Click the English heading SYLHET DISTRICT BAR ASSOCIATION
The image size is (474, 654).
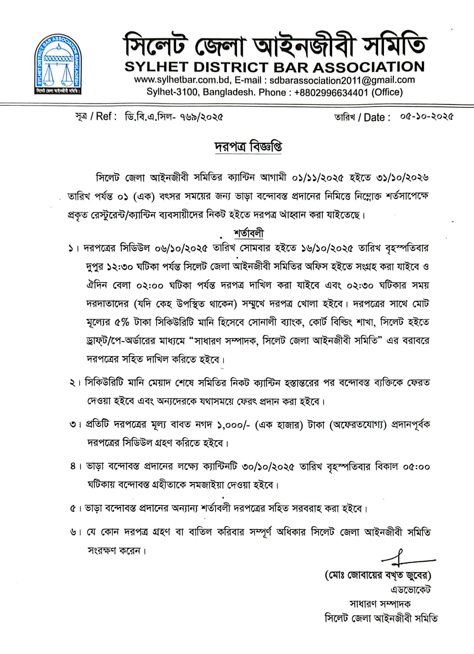click(274, 67)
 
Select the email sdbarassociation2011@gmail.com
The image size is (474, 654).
click(342, 80)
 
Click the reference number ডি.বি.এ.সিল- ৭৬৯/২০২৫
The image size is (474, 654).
click(174, 117)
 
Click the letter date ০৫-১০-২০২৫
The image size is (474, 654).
click(427, 117)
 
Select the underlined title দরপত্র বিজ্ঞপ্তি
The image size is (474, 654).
click(248, 147)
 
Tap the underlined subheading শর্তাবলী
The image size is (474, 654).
click(249, 233)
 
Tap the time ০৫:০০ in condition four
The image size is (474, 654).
click(416, 467)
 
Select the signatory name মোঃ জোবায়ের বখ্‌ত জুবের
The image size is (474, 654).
click(378, 576)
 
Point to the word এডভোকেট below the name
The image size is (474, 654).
click(410, 590)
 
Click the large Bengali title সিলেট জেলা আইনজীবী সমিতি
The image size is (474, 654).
click(274, 45)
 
